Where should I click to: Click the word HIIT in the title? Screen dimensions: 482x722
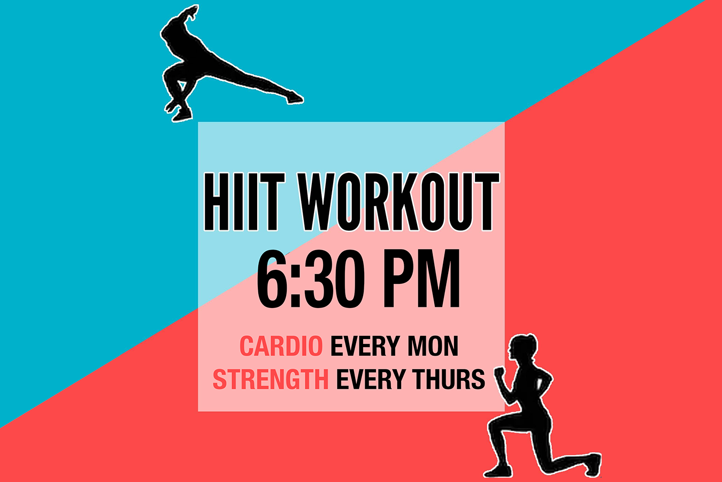(242, 202)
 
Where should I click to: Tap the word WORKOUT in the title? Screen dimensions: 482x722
(399, 202)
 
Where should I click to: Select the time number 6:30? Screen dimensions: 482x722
(311, 280)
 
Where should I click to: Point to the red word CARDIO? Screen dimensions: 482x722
(281, 347)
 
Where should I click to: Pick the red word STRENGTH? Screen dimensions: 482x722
(270, 379)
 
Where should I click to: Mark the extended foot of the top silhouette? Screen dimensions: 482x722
(294, 98)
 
